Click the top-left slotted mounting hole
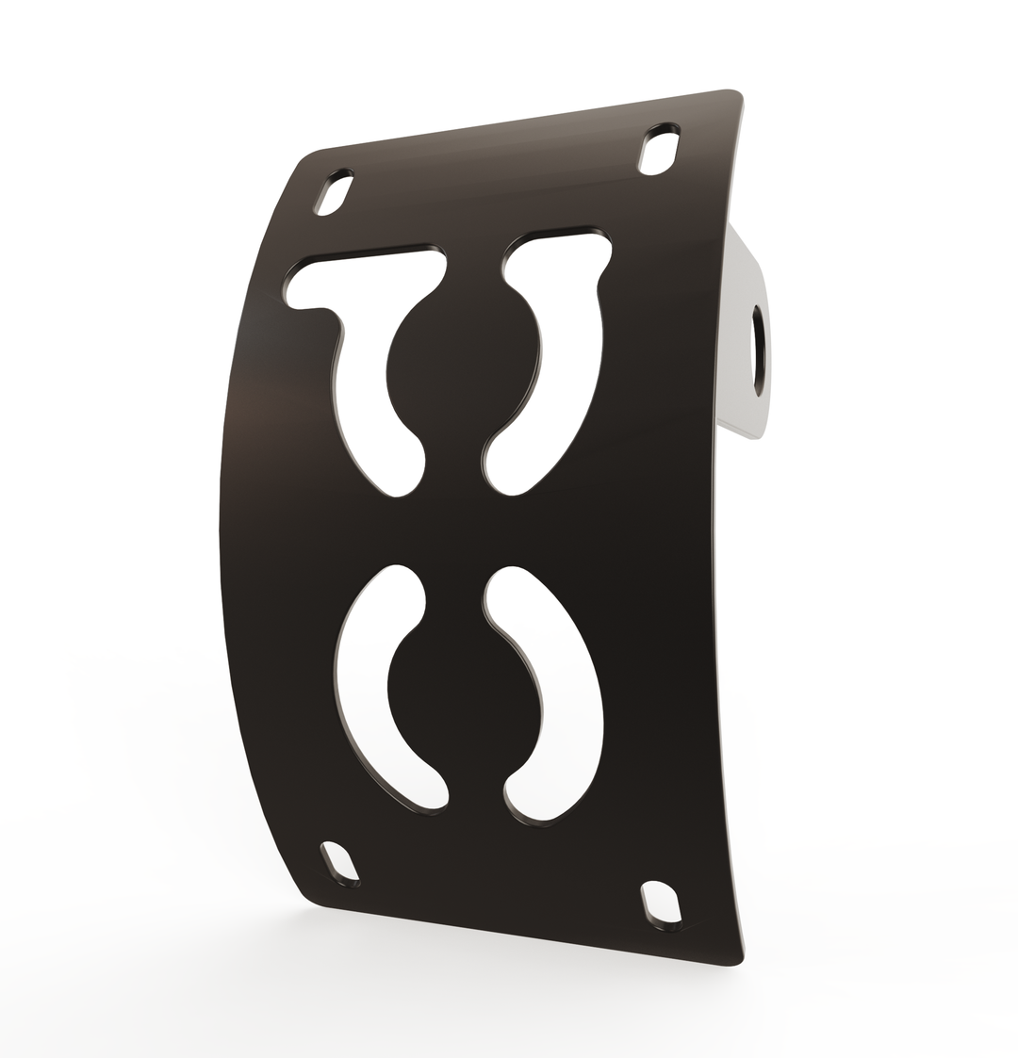coord(334,193)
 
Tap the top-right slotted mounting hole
coord(659,150)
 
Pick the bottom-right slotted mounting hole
coord(661,903)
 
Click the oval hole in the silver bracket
coord(758,350)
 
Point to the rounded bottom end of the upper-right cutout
coord(504,476)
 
